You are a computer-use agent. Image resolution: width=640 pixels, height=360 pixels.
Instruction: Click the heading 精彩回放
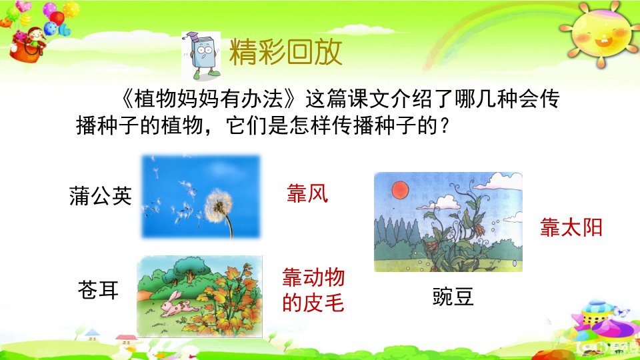[285, 52]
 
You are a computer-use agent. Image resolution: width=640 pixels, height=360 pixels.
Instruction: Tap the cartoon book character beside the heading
[201, 55]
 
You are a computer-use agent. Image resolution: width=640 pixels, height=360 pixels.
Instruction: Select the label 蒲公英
[101, 195]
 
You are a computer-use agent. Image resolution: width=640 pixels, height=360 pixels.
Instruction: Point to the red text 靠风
[307, 193]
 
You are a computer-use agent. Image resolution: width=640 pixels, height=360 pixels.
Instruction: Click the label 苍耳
[99, 290]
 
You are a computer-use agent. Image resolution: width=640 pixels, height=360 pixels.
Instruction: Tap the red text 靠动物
[313, 277]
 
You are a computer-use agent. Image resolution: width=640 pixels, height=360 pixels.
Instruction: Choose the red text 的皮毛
[313, 303]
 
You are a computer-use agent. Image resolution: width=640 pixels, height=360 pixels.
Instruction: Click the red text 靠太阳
[571, 227]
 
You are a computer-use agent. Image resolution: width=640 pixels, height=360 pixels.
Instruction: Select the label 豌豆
[453, 296]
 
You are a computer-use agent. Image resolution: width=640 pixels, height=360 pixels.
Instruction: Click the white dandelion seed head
[219, 206]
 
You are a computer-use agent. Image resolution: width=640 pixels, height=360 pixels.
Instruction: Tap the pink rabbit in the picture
[174, 305]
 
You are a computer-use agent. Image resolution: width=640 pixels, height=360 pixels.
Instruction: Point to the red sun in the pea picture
[401, 190]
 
